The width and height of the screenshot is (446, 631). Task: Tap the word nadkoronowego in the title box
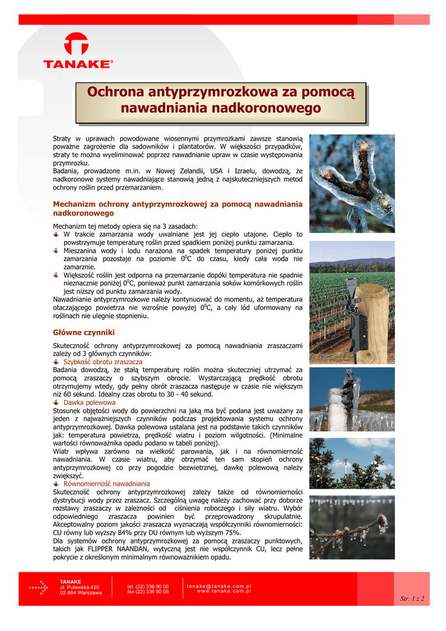pyautogui.click(x=264, y=108)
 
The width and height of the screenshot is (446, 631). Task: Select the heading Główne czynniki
pyautogui.click(x=84, y=332)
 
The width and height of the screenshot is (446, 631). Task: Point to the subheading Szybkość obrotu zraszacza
pyautogui.click(x=102, y=362)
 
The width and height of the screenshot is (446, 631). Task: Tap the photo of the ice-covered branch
pyautogui.click(x=352, y=183)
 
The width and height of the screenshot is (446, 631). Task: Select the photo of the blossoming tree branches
pyautogui.click(x=352, y=463)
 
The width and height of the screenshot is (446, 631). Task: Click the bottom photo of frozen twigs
pyautogui.click(x=352, y=527)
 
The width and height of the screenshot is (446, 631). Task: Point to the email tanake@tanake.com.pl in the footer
pyautogui.click(x=219, y=586)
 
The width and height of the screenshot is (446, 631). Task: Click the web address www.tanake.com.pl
pyautogui.click(x=224, y=591)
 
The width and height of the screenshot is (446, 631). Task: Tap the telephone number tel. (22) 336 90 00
pyautogui.click(x=148, y=587)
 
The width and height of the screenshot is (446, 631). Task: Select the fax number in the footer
pyautogui.click(x=148, y=592)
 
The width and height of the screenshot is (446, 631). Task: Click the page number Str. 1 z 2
pyautogui.click(x=412, y=598)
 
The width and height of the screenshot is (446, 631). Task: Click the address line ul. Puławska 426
pyautogui.click(x=79, y=587)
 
